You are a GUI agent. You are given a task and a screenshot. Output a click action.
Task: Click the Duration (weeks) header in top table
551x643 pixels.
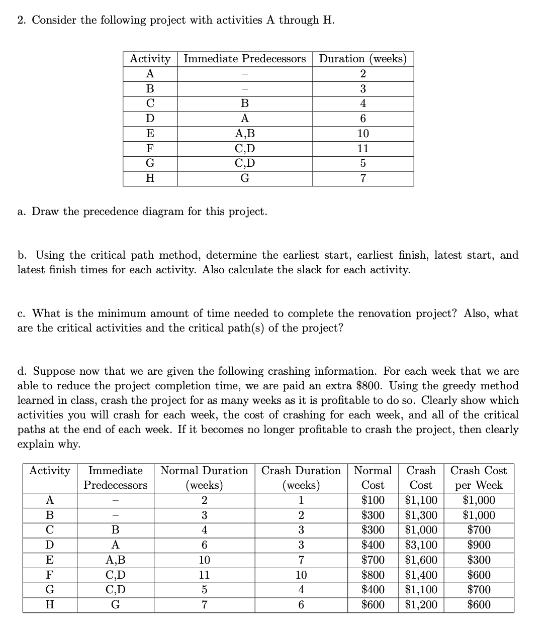362,59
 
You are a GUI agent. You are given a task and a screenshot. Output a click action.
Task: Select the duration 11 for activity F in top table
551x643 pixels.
362,149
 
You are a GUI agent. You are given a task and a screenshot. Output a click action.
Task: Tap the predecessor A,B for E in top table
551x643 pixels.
244,134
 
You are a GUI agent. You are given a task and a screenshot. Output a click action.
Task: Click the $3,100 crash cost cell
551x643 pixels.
421,545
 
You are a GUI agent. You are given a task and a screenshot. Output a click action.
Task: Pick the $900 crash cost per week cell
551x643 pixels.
478,545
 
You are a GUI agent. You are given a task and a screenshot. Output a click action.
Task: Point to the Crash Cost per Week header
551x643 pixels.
478,478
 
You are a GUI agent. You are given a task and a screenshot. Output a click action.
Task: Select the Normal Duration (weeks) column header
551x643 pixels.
204,478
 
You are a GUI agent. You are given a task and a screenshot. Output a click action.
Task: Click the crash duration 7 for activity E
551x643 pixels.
301,560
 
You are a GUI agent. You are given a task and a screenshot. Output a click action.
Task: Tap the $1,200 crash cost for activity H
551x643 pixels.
421,605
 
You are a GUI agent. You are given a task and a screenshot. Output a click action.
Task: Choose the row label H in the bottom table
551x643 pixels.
49,605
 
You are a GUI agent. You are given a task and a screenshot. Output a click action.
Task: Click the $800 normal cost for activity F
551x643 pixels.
373,575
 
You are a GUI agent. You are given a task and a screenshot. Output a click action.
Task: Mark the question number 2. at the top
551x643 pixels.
22,20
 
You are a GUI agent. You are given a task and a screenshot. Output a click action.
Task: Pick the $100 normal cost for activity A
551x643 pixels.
373,500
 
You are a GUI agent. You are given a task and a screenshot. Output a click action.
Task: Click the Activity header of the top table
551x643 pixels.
150,59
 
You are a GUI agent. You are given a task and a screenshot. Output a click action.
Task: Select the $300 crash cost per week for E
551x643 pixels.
478,560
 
